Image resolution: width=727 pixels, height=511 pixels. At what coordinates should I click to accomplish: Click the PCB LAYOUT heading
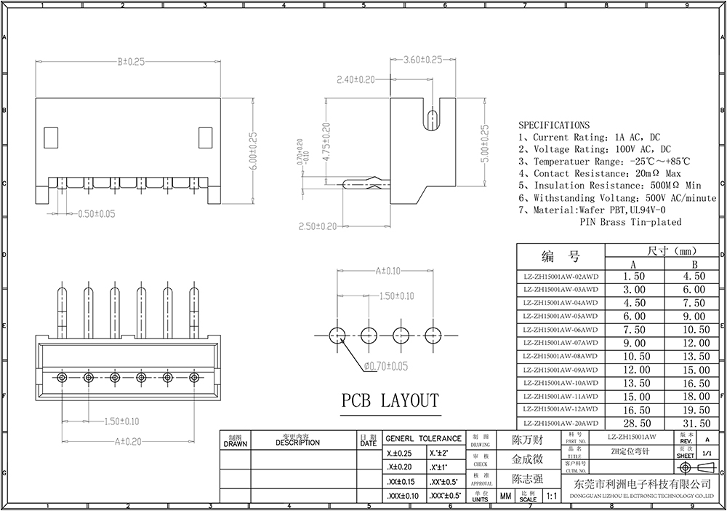(x=390, y=400)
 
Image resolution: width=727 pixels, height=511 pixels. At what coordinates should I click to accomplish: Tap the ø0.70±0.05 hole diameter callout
(x=378, y=365)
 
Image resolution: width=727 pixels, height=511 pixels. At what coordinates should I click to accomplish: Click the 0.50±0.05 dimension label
(x=97, y=214)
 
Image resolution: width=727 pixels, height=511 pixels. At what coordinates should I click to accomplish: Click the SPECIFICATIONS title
(x=554, y=125)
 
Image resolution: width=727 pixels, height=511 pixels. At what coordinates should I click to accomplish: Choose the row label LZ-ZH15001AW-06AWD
(x=561, y=330)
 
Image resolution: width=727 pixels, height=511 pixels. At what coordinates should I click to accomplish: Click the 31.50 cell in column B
(x=696, y=423)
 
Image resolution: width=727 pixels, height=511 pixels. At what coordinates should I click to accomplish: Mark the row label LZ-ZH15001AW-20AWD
(x=561, y=423)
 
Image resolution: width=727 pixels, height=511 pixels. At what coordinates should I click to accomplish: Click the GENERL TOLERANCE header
(x=423, y=438)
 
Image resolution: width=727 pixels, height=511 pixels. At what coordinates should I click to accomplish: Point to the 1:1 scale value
(x=550, y=496)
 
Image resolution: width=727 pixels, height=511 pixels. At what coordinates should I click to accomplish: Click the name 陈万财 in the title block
(x=527, y=441)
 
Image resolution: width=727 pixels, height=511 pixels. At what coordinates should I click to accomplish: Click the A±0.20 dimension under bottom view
(x=128, y=440)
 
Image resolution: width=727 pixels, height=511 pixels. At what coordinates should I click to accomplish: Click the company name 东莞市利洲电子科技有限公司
(x=640, y=485)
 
